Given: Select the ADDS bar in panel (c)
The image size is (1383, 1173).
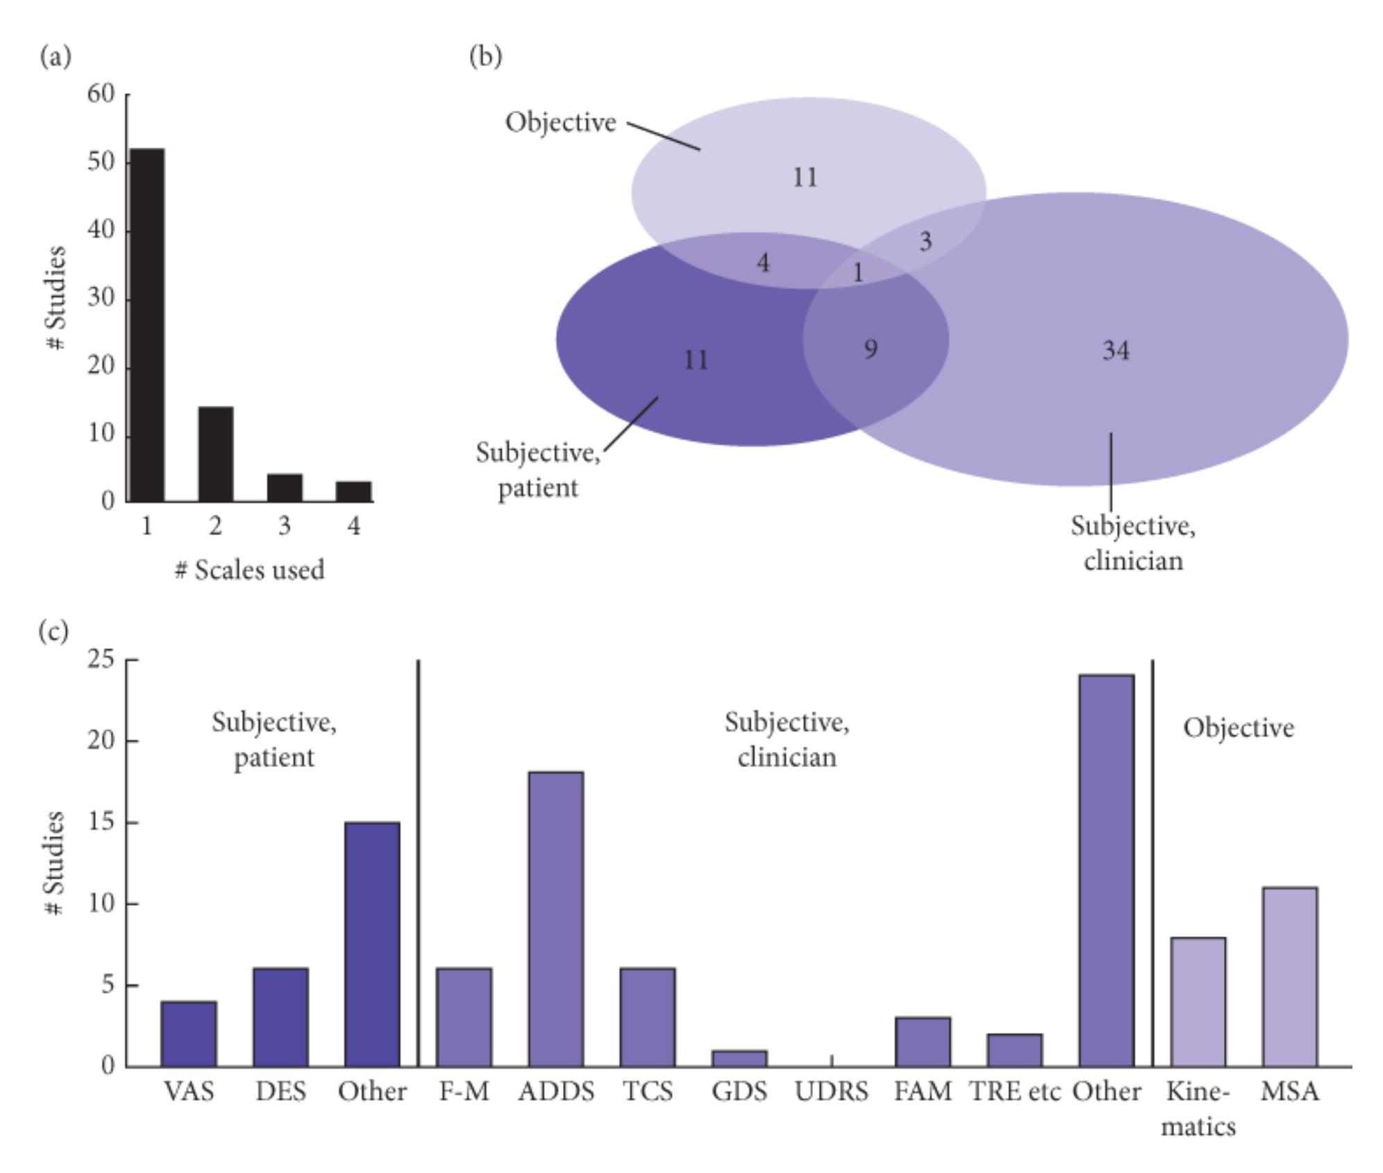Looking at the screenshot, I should pyautogui.click(x=555, y=919).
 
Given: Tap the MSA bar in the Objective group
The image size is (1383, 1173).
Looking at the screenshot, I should pyautogui.click(x=1289, y=977).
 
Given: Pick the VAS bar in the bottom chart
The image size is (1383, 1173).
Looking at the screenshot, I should pyautogui.click(x=188, y=1033).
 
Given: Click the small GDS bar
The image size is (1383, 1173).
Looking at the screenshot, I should pyautogui.click(x=739, y=1058).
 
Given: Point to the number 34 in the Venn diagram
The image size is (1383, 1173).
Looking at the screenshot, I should pyautogui.click(x=1116, y=351).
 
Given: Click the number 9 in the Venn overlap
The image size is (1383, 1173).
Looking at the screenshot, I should pyautogui.click(x=871, y=348).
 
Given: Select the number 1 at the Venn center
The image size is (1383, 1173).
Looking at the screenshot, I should pyautogui.click(x=858, y=272).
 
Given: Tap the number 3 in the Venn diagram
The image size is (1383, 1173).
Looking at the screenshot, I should pyautogui.click(x=925, y=242).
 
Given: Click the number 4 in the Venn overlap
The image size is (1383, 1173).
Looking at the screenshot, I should pyautogui.click(x=763, y=263).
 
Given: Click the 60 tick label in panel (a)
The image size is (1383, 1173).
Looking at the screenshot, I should pyautogui.click(x=101, y=94).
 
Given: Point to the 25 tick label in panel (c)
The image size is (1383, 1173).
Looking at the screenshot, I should pyautogui.click(x=101, y=659).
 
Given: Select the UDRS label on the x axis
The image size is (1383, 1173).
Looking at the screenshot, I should pyautogui.click(x=831, y=1092).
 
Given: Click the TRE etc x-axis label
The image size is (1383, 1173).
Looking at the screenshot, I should pyautogui.click(x=1014, y=1092).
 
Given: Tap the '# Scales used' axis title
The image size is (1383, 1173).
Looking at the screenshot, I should pyautogui.click(x=249, y=570).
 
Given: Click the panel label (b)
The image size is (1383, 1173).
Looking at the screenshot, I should pyautogui.click(x=485, y=56).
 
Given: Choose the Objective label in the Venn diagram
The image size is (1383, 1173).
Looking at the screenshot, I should pyautogui.click(x=560, y=122).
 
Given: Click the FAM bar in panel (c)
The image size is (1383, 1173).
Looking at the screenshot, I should pyautogui.click(x=923, y=1042).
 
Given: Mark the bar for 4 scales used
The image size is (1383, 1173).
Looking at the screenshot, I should pyautogui.click(x=353, y=491).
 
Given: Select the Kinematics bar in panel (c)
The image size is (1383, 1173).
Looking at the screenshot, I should pyautogui.click(x=1198, y=1002).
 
